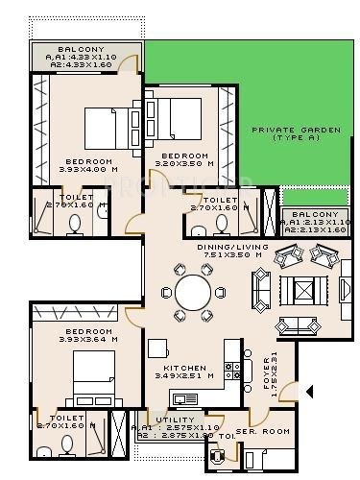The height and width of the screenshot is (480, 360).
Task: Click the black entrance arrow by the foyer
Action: pyautogui.click(x=308, y=391)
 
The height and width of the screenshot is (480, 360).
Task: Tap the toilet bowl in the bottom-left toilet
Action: pyautogui.click(x=68, y=445)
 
